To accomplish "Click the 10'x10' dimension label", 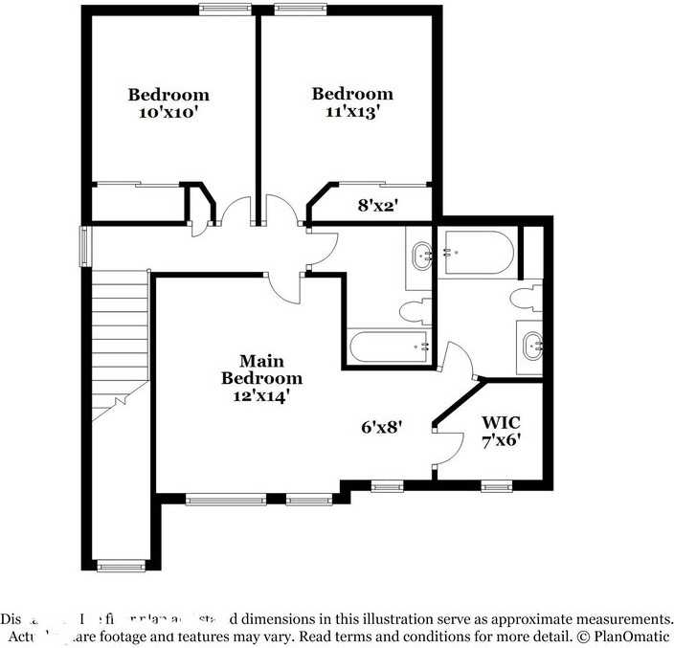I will (168, 111).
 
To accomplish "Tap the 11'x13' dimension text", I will (352, 110).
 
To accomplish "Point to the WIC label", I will (501, 422).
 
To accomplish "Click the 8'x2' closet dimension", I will (377, 204).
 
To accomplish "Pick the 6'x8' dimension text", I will (381, 428).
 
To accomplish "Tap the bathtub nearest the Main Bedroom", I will (388, 346).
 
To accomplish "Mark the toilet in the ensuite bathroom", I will (526, 298).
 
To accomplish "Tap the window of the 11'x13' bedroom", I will (301, 10).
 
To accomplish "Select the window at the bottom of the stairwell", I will (121, 566).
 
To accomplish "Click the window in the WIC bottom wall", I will (498, 486).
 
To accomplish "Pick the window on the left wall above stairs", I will (84, 246).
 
